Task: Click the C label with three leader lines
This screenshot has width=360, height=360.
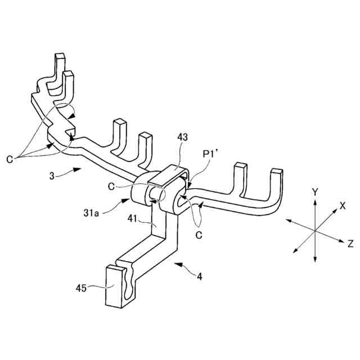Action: [10, 159]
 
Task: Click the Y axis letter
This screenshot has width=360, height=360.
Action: [316, 192]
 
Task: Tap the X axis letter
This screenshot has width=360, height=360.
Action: [342, 206]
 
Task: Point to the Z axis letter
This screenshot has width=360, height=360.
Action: [350, 244]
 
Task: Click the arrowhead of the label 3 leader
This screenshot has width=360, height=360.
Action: [80, 168]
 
